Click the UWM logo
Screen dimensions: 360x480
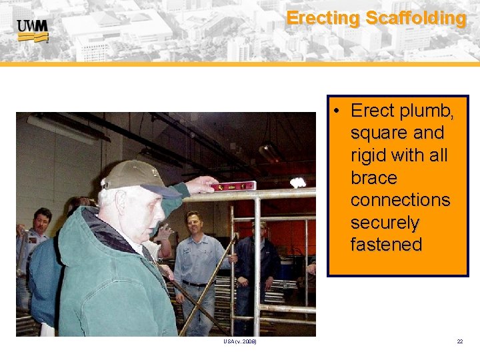point(33,30)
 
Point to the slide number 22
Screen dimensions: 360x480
point(460,341)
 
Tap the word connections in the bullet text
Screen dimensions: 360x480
point(400,200)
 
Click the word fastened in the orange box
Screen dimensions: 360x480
point(386,245)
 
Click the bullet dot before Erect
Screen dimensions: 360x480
point(339,111)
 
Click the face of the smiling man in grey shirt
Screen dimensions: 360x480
point(194,226)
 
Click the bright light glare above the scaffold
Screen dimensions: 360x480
point(297,182)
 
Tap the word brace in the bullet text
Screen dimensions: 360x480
point(373,178)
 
